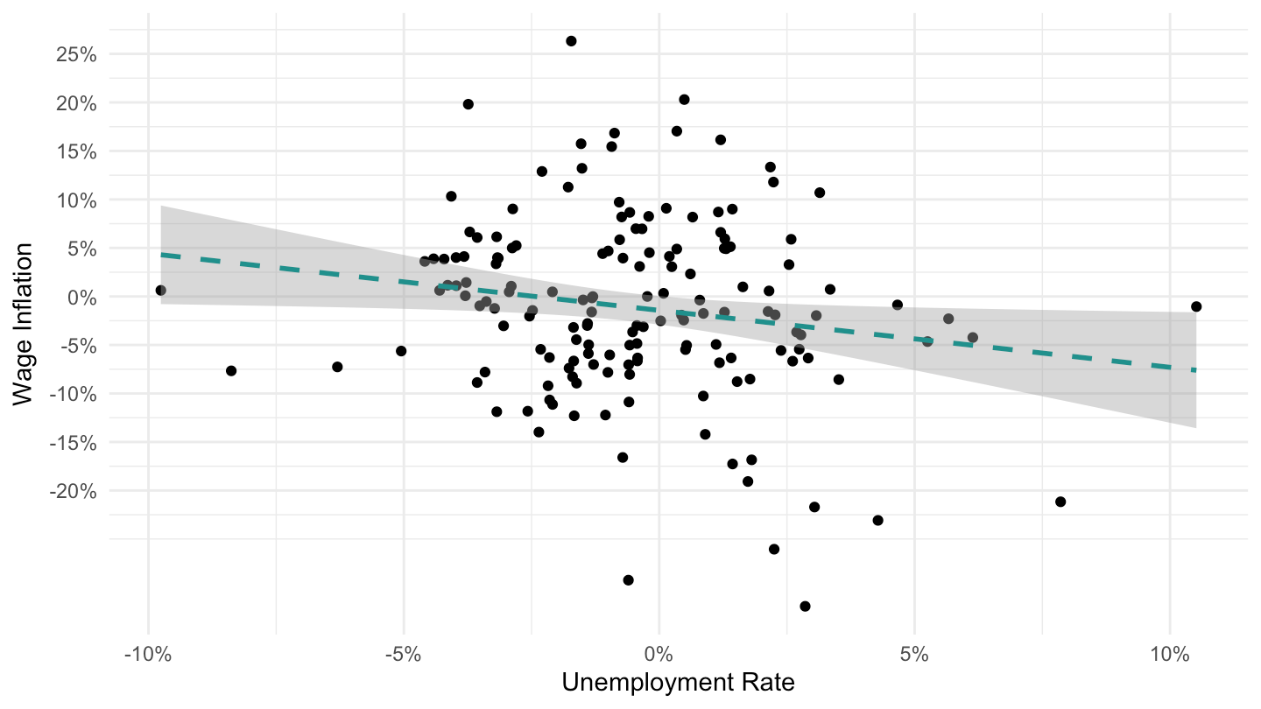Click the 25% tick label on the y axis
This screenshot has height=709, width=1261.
[x=76, y=54]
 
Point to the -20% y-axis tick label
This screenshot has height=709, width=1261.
[x=73, y=491]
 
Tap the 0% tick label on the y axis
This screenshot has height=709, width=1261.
[x=81, y=297]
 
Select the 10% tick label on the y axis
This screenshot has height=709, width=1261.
[x=76, y=200]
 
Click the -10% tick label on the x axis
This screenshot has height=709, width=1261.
[x=148, y=655]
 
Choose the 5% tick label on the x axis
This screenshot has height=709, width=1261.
[x=914, y=655]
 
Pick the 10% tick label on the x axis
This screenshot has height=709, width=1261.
[x=1170, y=655]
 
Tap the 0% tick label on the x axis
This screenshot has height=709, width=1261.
[x=659, y=655]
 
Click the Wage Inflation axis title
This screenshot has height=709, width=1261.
[x=23, y=324]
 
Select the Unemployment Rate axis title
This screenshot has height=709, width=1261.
[x=678, y=683]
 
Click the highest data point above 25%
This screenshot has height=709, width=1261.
[x=571, y=41]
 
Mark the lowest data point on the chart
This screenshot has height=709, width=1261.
[x=805, y=606]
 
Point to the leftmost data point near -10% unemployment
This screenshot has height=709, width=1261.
[x=160, y=291]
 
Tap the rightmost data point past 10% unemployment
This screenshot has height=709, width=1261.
[x=1196, y=306]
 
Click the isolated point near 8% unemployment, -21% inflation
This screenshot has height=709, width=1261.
[x=1060, y=502]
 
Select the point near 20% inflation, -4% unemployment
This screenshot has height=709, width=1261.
[x=468, y=104]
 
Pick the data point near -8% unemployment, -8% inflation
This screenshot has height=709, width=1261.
[x=231, y=371]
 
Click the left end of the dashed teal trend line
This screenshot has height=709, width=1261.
[x=161, y=255]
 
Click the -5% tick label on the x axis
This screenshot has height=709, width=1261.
[x=404, y=655]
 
